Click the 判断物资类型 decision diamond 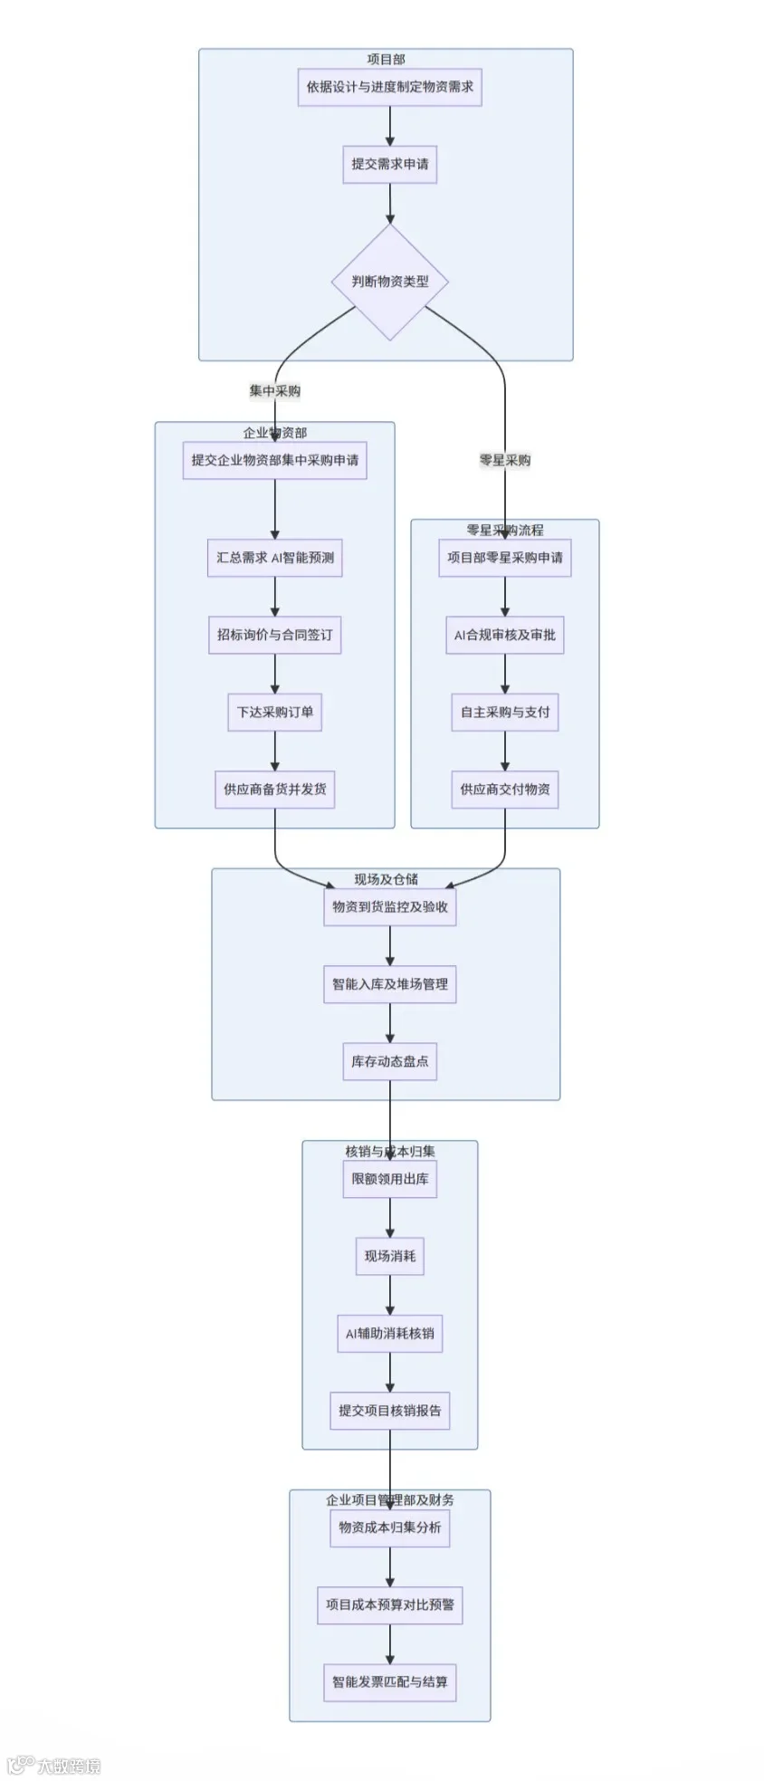(390, 282)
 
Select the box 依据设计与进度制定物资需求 (390, 87)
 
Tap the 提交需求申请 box (390, 164)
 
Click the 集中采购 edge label (275, 391)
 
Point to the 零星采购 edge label (505, 460)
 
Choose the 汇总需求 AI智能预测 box (275, 558)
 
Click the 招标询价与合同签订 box (275, 635)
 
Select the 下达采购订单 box (275, 712)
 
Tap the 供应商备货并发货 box (275, 789)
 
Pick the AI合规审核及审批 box (505, 635)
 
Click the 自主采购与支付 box (505, 712)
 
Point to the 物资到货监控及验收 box (390, 906)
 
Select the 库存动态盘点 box (390, 1061)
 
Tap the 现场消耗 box (390, 1256)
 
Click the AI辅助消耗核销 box (390, 1333)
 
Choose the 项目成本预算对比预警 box (390, 1604)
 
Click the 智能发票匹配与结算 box (390, 1681)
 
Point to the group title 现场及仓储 (387, 879)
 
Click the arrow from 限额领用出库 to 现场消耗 (390, 1218)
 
